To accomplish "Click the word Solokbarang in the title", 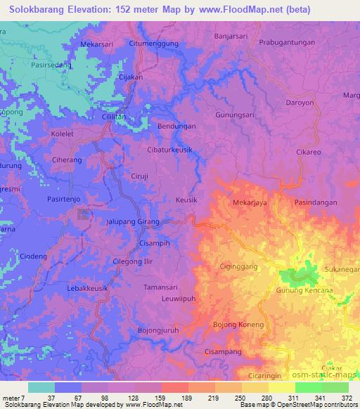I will [x=39, y=10].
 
